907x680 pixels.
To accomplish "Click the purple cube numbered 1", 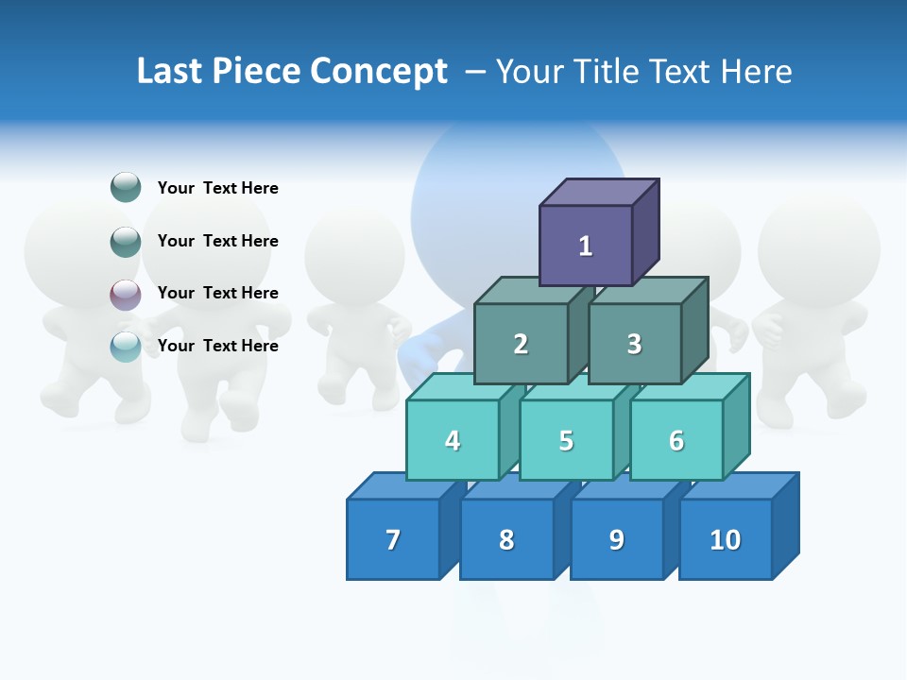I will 586,246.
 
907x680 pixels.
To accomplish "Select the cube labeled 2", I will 521,344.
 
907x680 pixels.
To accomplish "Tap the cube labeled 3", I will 634,344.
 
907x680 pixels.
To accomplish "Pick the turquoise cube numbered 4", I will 453,440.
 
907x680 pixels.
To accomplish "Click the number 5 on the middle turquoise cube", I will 566,440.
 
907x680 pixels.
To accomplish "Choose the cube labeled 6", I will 676,440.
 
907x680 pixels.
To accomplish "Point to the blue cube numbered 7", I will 393,539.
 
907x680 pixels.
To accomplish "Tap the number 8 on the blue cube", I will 506,539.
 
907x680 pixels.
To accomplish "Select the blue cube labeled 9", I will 617,539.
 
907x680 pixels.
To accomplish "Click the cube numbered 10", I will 725,539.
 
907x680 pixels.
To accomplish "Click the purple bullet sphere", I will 126,295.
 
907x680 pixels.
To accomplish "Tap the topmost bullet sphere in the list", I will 126,188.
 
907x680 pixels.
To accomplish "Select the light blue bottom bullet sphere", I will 126,347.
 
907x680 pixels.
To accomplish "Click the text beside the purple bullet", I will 217,293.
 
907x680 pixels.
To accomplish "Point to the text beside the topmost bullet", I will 217,188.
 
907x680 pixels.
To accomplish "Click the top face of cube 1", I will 599,192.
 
